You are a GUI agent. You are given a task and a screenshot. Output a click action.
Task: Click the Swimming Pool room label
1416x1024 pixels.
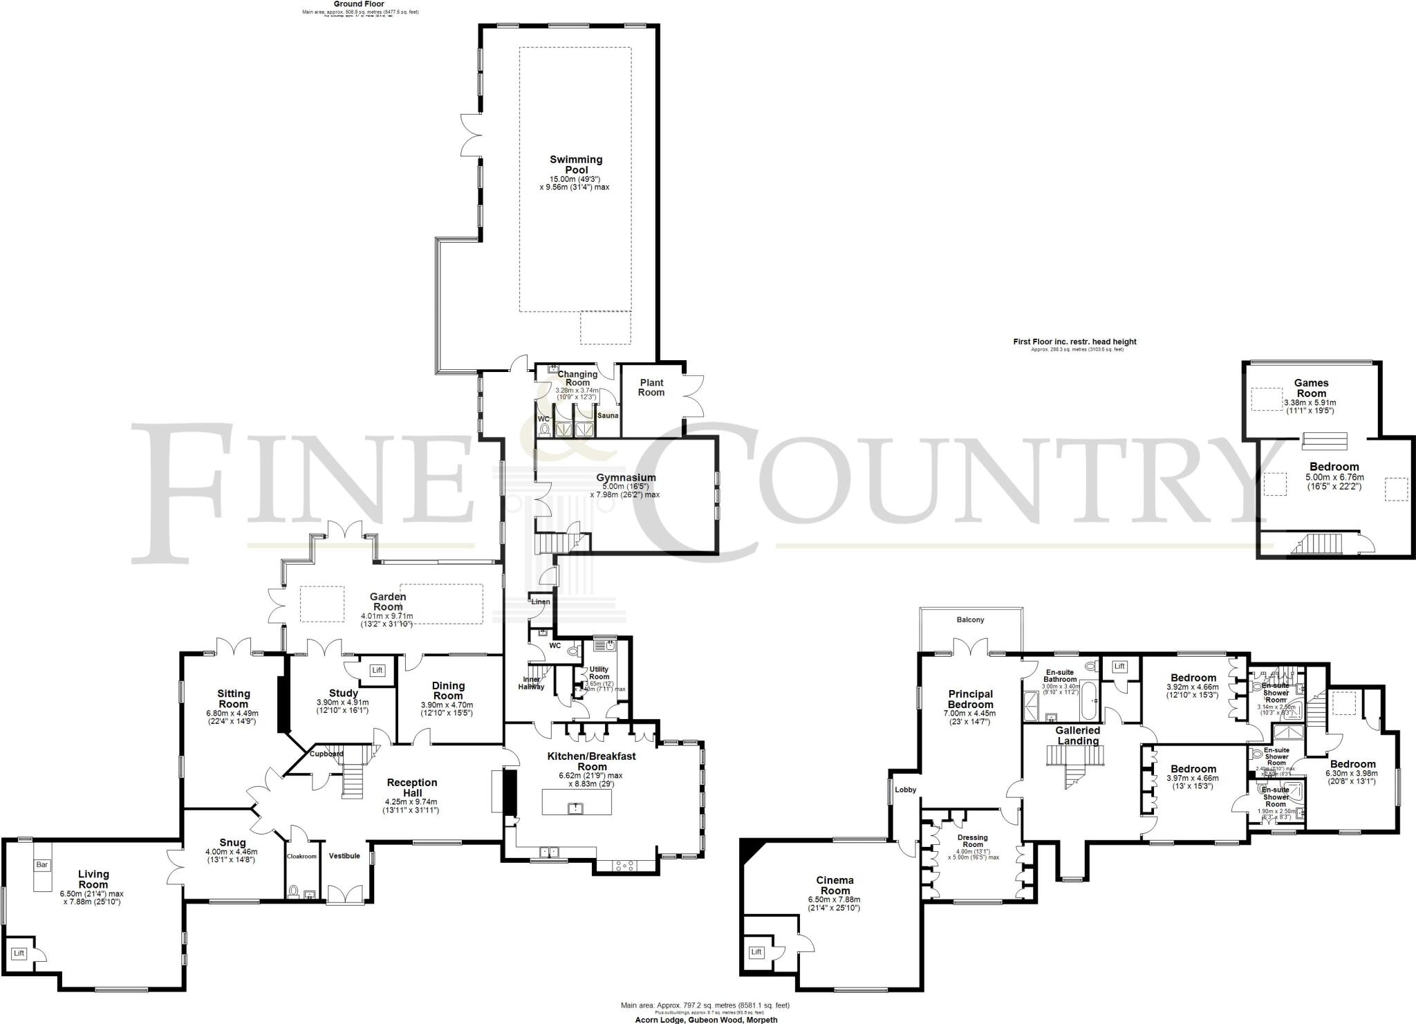576,165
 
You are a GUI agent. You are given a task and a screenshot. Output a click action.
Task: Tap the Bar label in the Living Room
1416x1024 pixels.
41,864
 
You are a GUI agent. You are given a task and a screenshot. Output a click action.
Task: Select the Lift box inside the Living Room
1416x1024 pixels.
19,953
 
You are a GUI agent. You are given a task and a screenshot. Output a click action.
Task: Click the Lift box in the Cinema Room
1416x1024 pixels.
756,952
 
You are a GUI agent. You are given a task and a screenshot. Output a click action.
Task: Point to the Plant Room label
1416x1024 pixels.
651,387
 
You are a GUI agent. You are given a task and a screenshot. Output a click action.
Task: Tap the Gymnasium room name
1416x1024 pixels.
626,478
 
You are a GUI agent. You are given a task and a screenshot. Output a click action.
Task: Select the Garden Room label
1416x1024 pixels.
388,602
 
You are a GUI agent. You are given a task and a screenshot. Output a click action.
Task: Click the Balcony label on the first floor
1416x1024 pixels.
970,620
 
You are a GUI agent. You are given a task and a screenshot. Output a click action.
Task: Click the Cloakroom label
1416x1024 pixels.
301,856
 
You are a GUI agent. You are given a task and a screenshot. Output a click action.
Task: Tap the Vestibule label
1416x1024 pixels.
344,856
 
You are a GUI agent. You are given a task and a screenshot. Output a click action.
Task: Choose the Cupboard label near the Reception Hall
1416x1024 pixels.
326,754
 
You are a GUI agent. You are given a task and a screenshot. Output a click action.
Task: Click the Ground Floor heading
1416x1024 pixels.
360,4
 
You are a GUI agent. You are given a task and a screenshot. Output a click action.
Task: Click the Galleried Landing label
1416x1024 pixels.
1077,736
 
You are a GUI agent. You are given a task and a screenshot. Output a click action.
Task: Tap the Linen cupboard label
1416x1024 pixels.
541,602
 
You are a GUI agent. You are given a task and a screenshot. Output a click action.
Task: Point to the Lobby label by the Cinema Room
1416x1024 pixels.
905,790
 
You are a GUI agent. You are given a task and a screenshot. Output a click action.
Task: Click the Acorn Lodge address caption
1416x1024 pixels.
706,1020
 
